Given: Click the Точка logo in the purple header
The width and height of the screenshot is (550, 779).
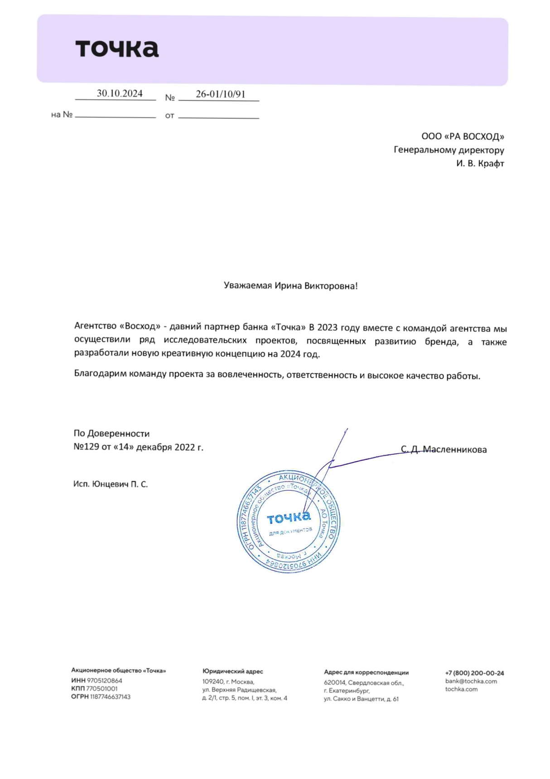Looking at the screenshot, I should click(117, 49).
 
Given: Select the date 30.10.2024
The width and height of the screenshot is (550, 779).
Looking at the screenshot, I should click(120, 93).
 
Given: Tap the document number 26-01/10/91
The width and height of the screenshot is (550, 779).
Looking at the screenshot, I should click(221, 94).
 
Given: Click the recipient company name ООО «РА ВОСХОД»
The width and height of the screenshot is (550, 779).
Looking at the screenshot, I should click(463, 136).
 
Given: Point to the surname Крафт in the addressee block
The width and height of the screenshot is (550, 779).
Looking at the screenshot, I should click(491, 163).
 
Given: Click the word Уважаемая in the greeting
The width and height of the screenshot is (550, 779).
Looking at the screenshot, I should click(248, 286).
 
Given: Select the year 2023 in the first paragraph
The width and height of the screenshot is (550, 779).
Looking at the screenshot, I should click(328, 327).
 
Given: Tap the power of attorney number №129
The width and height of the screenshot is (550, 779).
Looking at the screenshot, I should click(86, 447).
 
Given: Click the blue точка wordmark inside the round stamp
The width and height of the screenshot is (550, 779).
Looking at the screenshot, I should click(289, 517).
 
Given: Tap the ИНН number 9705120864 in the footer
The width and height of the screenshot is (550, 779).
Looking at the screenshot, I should click(105, 681).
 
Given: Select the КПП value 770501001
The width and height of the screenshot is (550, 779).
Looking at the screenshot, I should click(102, 689).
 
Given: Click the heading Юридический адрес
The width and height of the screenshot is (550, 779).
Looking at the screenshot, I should click(232, 672).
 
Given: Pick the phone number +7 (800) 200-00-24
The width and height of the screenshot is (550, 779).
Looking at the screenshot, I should click(474, 673).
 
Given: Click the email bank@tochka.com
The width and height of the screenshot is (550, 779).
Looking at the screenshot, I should click(471, 681).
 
